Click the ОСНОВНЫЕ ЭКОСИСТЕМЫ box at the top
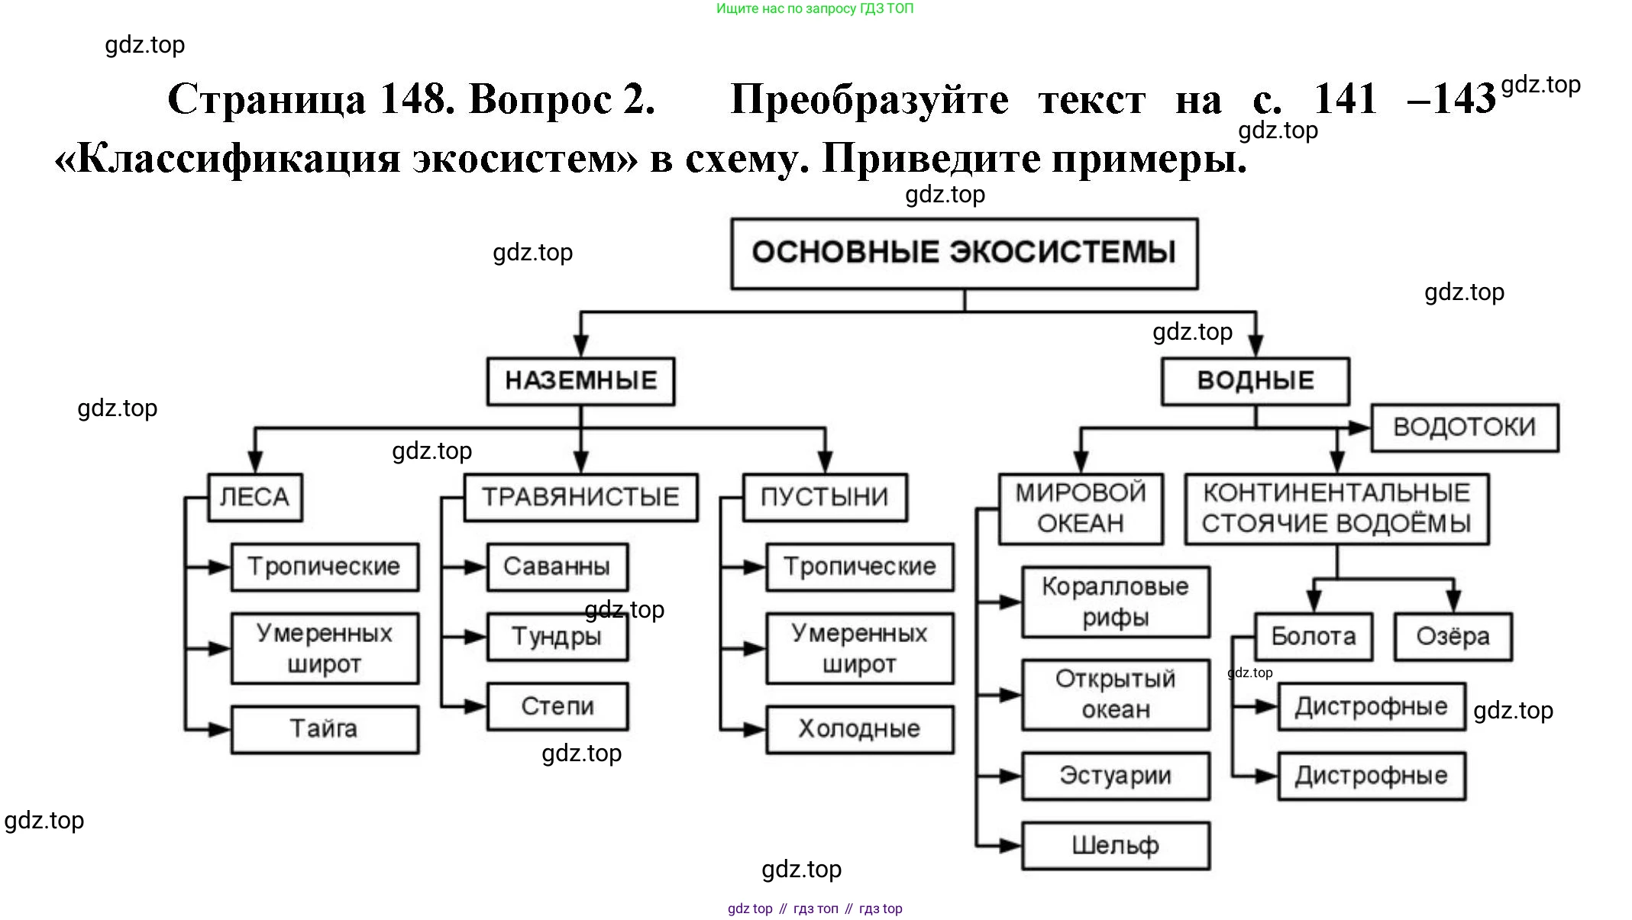(x=964, y=253)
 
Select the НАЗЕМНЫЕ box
(x=580, y=380)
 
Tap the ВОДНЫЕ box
(x=1255, y=380)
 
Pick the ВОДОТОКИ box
(x=1464, y=428)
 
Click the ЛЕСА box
(x=254, y=498)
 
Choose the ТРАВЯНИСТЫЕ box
(x=580, y=498)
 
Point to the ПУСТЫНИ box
(x=825, y=498)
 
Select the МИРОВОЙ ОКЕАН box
(x=1080, y=508)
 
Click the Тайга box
(x=324, y=729)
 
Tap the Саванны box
(x=557, y=567)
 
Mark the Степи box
(x=557, y=706)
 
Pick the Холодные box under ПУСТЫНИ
(x=859, y=729)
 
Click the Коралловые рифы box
(x=1115, y=602)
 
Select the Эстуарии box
(x=1115, y=776)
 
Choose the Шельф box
(x=1115, y=845)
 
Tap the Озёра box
(x=1453, y=637)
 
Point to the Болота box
(x=1313, y=637)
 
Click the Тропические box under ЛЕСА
(x=324, y=567)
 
